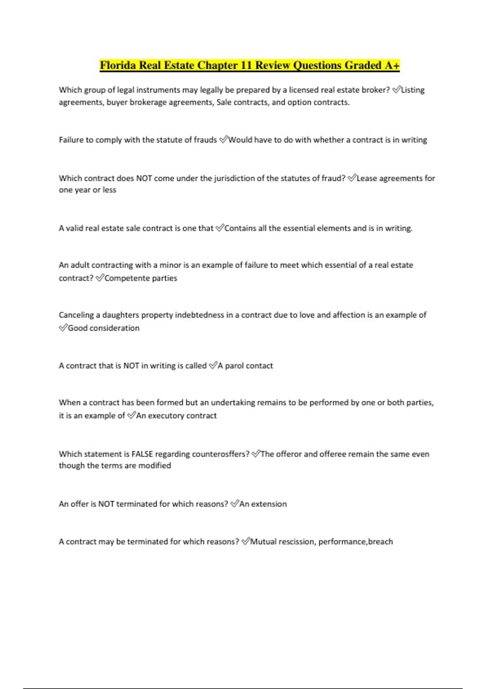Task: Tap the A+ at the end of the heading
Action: [392, 65]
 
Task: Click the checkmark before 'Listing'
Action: [396, 90]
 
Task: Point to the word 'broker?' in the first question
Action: [376, 90]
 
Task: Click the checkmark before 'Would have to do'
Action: [224, 140]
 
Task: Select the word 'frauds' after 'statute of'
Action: [205, 140]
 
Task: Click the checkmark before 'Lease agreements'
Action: [352, 178]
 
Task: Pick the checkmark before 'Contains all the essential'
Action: [220, 228]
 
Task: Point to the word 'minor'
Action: [170, 265]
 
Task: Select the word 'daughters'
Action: [121, 315]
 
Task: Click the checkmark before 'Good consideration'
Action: [63, 328]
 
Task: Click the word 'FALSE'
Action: [142, 454]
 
